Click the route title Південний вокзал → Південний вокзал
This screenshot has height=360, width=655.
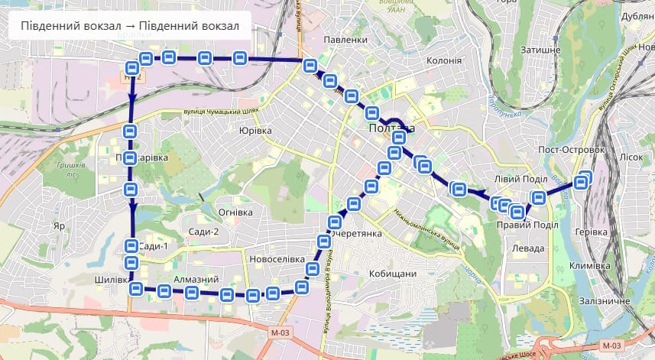tap(130, 27)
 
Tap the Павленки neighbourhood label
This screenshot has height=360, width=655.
tap(340, 40)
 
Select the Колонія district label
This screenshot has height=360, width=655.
tap(444, 60)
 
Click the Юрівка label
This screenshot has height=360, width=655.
tap(255, 131)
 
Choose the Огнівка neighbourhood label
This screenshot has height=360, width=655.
tap(235, 212)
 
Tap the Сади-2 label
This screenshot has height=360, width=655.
tap(204, 232)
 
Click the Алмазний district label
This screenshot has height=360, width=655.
tap(196, 280)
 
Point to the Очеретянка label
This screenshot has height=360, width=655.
tap(356, 234)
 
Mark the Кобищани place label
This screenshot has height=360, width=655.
tap(392, 274)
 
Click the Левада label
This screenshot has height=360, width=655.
tap(528, 248)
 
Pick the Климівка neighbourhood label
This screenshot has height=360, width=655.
tap(590, 265)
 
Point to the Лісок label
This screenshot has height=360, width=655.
tap(631, 157)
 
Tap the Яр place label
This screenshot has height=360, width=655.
tap(59, 226)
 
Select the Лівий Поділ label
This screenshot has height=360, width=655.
tap(521, 179)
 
